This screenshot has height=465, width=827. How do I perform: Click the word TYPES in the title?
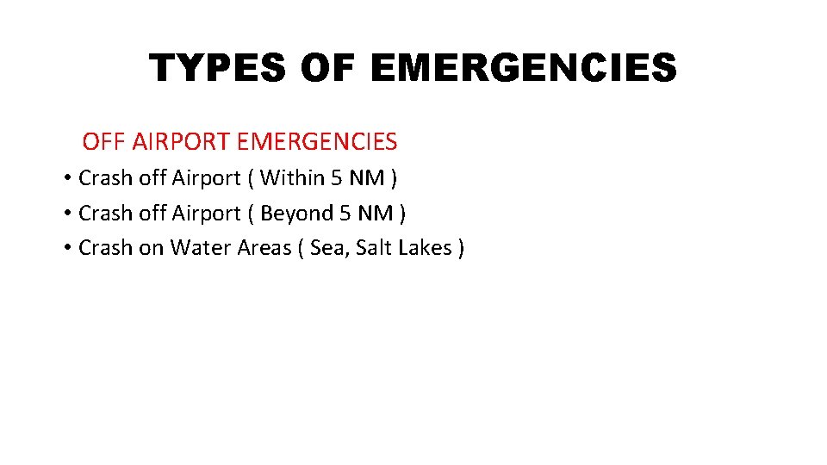coord(218,68)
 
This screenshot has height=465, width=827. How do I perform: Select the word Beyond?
coord(296,213)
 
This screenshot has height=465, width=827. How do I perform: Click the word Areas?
coord(263,248)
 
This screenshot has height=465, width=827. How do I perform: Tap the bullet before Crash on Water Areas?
coord(66,249)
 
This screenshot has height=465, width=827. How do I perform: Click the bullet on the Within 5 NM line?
coord(66,179)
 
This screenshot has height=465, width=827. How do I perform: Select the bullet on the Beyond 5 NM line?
coord(66,214)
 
